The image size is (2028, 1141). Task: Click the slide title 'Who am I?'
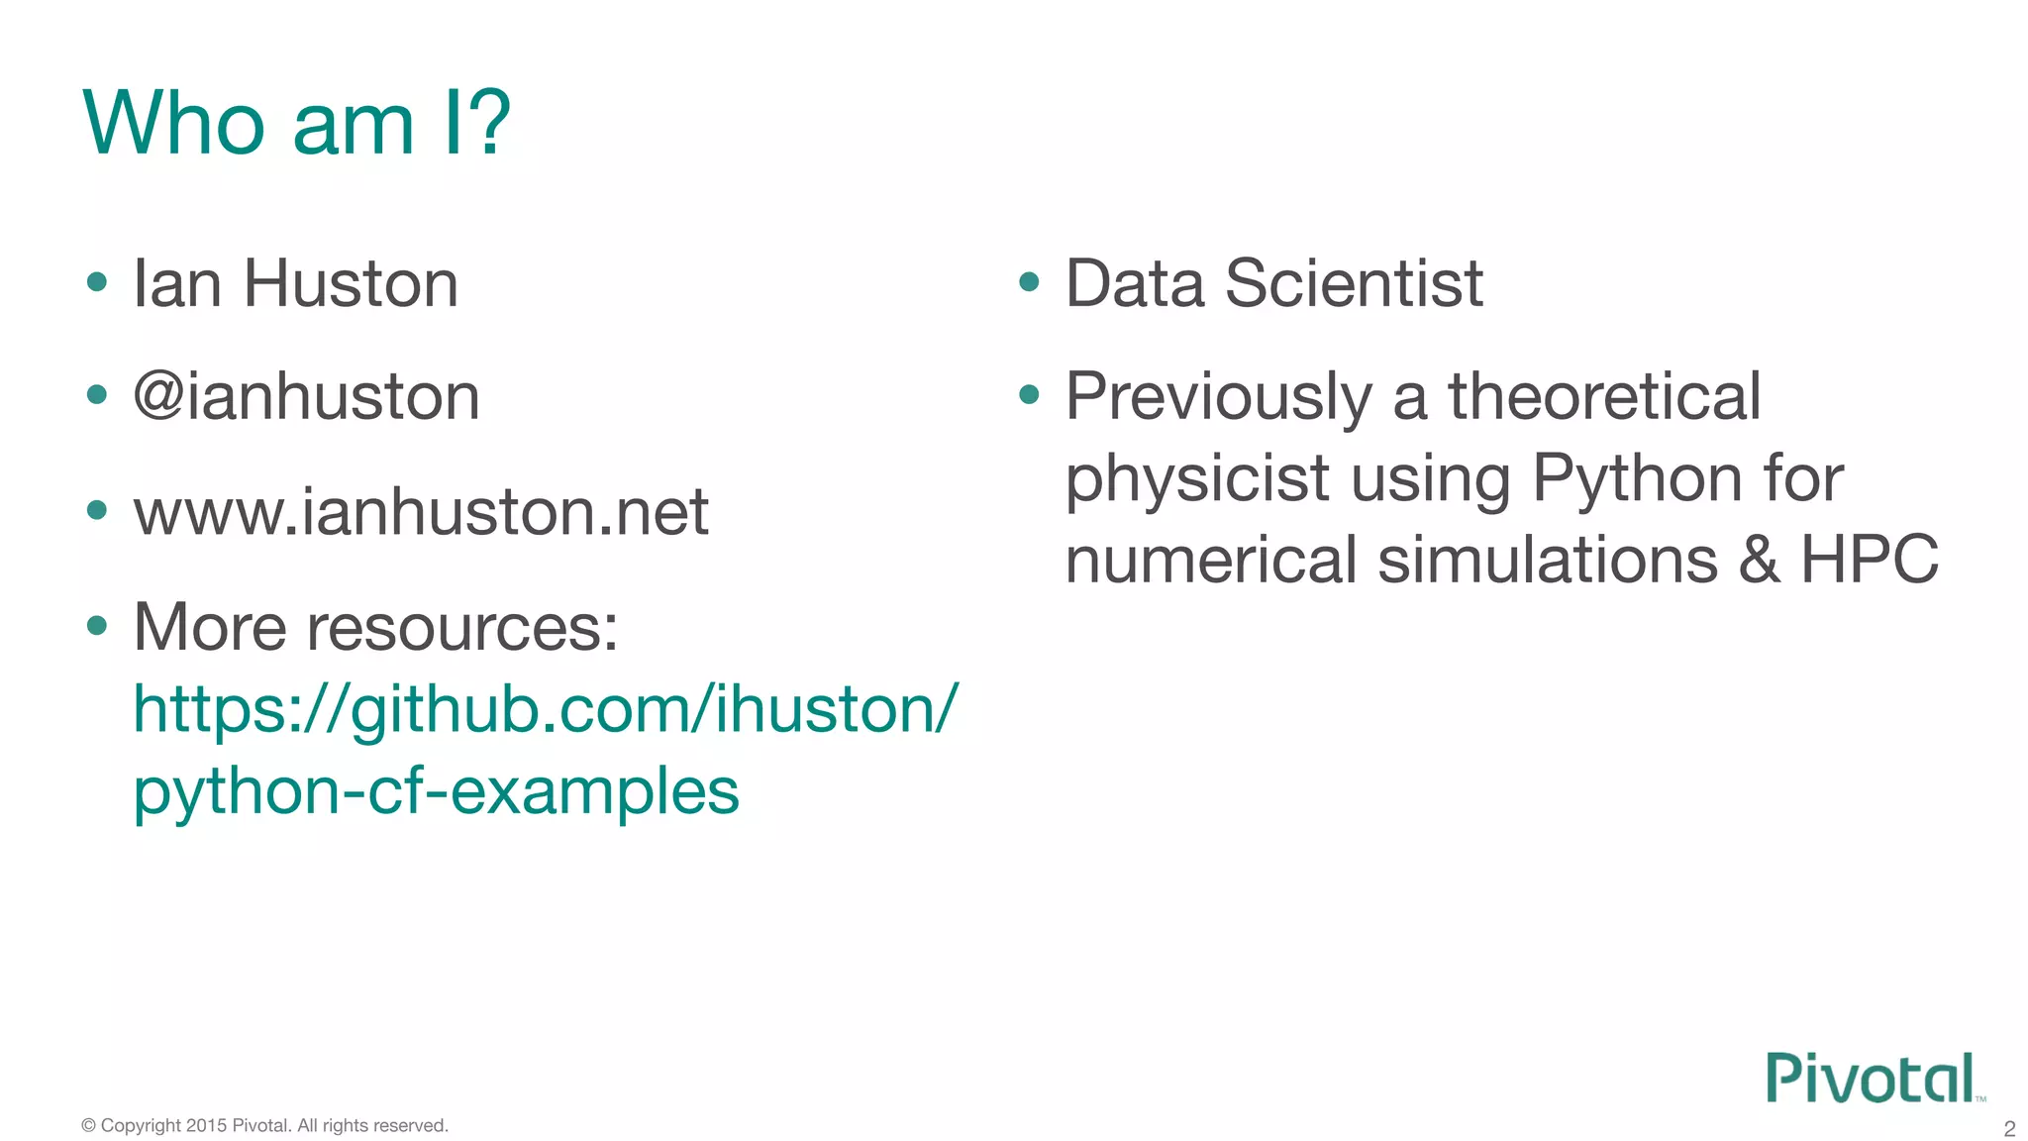point(296,124)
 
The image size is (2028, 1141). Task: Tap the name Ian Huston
point(295,284)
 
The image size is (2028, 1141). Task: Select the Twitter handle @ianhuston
point(306,397)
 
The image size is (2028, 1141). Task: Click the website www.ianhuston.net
point(421,512)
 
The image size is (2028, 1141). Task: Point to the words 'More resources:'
point(375,628)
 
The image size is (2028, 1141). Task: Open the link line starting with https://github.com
point(546,710)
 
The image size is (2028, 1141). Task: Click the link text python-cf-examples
point(436,791)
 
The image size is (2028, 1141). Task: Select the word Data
point(1135,284)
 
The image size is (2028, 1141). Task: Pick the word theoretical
point(1604,397)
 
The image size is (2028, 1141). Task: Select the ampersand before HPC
point(1759,560)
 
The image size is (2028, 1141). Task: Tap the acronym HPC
point(1869,560)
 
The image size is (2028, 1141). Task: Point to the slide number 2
point(2009,1128)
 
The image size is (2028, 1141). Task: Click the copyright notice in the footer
point(264,1125)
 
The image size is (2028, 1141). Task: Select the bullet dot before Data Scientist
point(1029,282)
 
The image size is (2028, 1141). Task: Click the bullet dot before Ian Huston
point(97,282)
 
